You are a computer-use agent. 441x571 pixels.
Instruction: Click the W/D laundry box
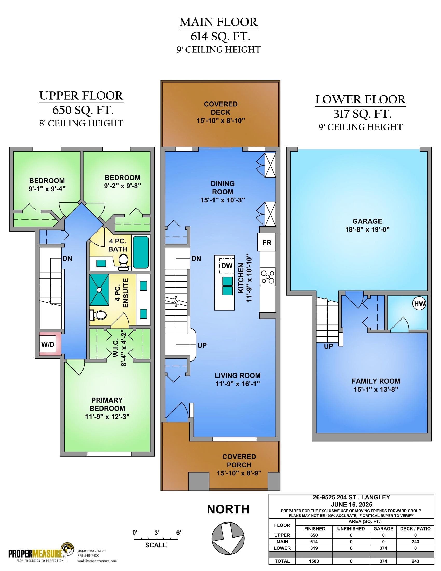[48, 344]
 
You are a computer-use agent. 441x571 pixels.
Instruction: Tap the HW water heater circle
[419, 304]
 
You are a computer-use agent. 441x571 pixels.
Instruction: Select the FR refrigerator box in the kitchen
[267, 242]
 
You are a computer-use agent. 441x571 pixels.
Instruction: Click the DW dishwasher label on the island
[226, 266]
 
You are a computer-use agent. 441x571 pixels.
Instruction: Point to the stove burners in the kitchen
[268, 277]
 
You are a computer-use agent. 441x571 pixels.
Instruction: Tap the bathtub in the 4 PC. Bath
[141, 252]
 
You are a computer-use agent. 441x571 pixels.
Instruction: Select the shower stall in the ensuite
[99, 290]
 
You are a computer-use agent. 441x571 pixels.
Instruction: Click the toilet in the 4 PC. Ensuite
[98, 315]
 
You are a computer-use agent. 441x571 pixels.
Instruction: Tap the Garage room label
[367, 221]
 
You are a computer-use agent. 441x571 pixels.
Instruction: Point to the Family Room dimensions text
[376, 389]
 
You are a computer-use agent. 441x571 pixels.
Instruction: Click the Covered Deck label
[221, 108]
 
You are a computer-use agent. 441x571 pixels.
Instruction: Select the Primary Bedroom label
[107, 404]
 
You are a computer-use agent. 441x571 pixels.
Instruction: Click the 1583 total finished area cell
[314, 561]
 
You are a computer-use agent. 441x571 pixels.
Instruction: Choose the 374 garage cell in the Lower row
[383, 548]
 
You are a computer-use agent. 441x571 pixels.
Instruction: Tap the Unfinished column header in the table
[351, 529]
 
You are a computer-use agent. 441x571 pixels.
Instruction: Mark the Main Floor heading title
[219, 22]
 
